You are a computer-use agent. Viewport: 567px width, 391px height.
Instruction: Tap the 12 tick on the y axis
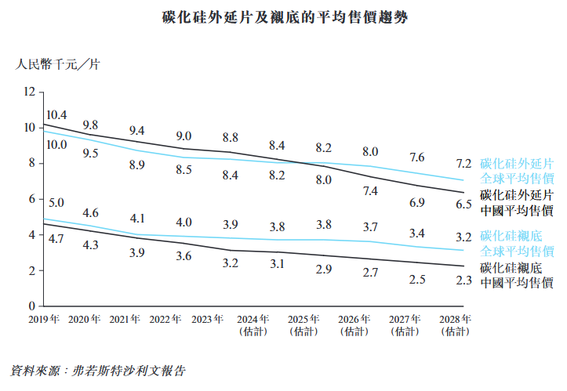coord(30,92)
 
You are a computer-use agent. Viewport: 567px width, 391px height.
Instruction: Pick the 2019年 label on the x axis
coord(45,320)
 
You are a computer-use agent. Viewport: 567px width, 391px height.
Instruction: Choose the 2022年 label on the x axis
coord(166,320)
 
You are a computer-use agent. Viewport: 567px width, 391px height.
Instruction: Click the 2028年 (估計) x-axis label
coord(456,325)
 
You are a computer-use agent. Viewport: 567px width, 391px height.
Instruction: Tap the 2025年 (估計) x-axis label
coord(303,325)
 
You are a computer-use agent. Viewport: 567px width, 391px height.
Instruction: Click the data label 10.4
coord(56,114)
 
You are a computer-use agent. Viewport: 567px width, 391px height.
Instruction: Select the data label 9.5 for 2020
coord(91,154)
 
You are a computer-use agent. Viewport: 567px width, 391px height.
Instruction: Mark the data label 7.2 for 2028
coord(463,164)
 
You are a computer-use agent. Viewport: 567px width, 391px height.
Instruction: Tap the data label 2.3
coord(463,280)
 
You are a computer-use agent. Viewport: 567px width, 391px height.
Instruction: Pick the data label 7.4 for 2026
coord(371,191)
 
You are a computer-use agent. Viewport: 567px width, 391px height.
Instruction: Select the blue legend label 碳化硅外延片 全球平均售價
coord(517,171)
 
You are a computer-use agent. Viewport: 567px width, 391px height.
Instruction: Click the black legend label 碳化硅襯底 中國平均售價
coord(517,275)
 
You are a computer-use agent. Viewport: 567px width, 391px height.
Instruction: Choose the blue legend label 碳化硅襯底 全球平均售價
coord(517,244)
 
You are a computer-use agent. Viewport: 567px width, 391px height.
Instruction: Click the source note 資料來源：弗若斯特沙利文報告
coord(100,368)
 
